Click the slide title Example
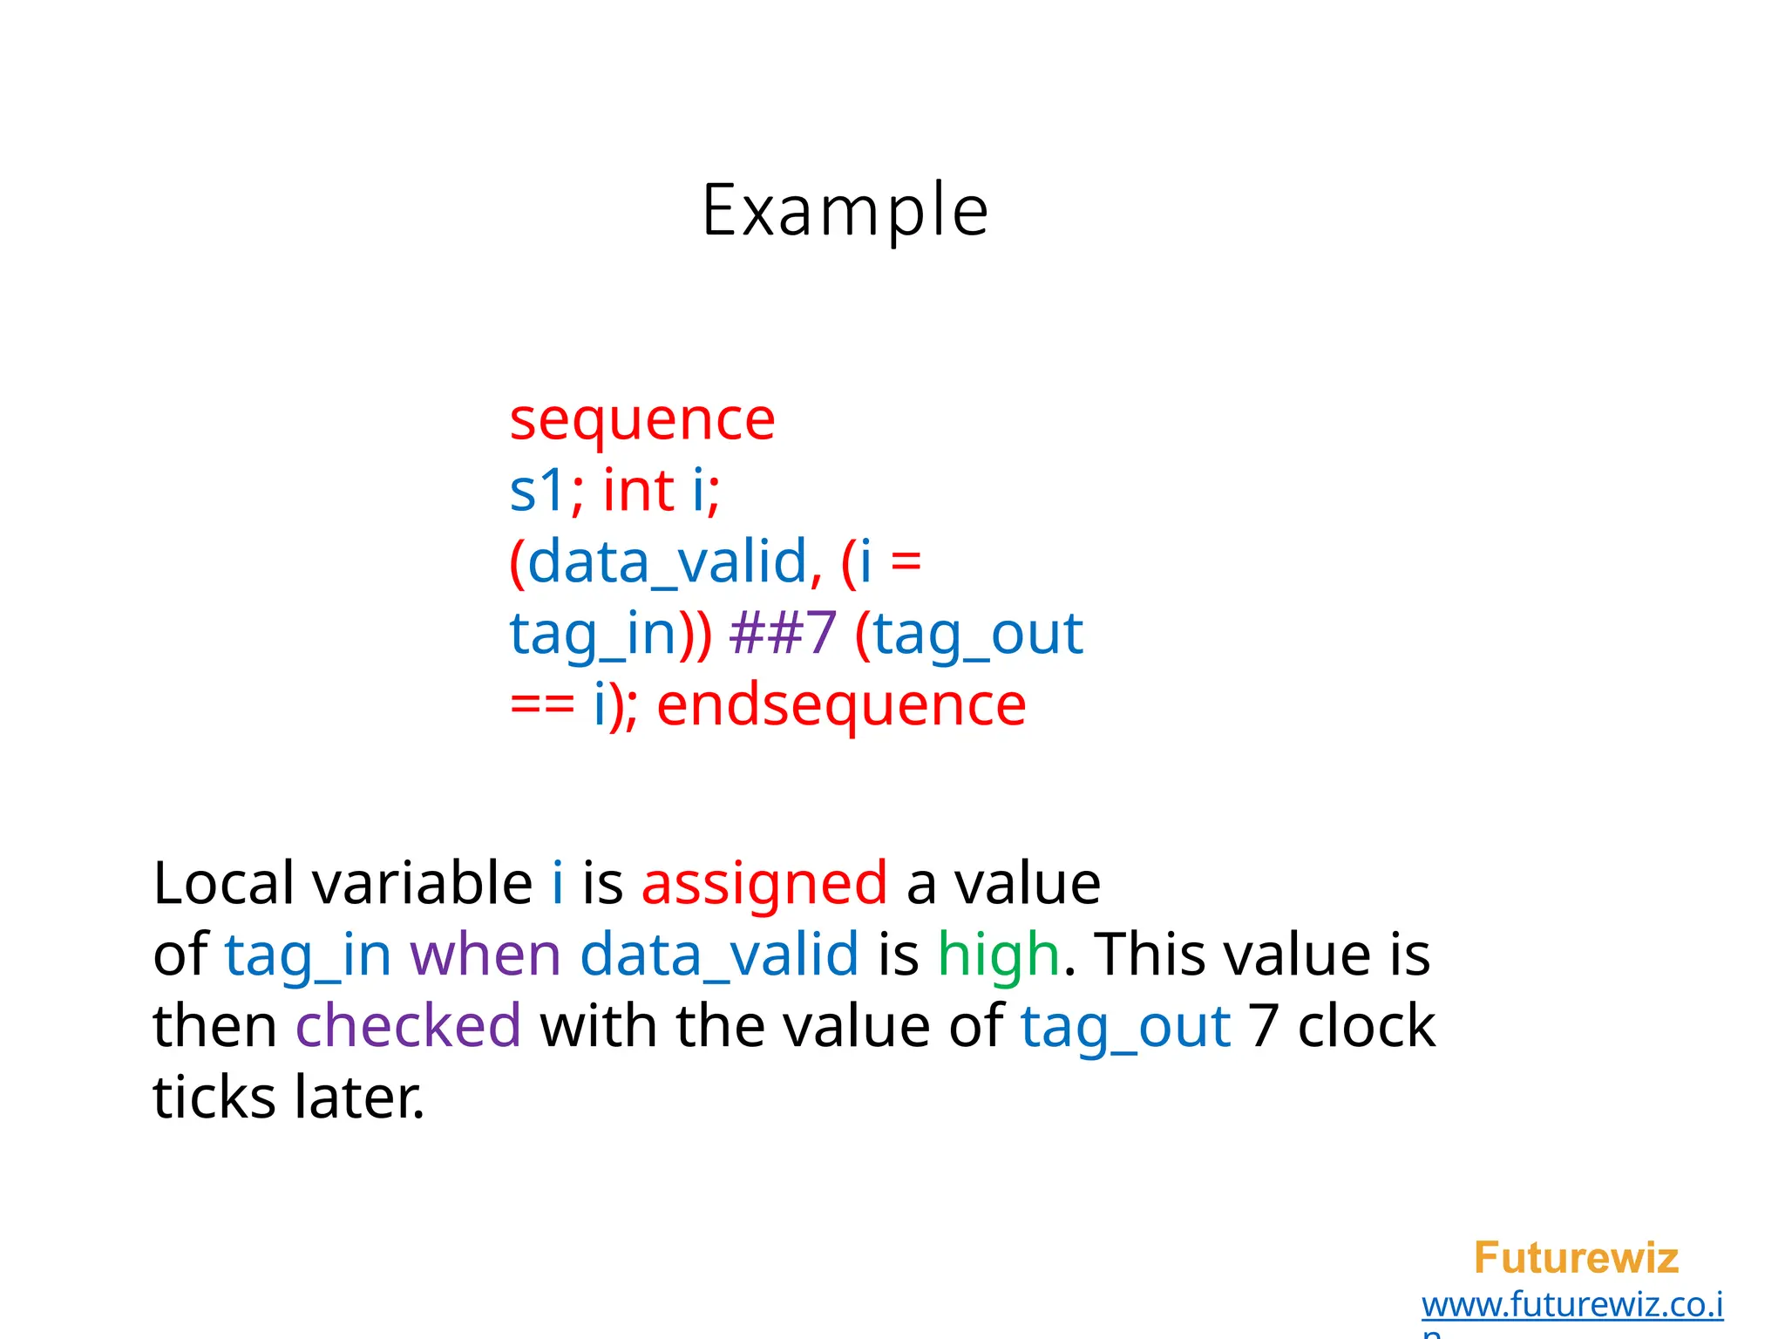click(x=845, y=210)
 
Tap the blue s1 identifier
click(x=538, y=490)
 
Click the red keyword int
click(x=639, y=490)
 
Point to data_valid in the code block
click(x=668, y=561)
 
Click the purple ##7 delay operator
click(x=783, y=633)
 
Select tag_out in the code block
click(x=978, y=633)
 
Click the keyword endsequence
click(x=841, y=704)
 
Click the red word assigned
click(x=764, y=883)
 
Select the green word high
click(x=999, y=954)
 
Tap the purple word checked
click(x=408, y=1025)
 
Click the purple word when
click(x=485, y=954)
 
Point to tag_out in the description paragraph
click(x=1125, y=1025)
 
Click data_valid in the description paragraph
click(x=719, y=954)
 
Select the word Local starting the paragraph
click(x=223, y=883)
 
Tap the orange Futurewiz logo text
click(x=1576, y=1258)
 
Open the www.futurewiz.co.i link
click(x=1571, y=1305)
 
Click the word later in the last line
click(x=359, y=1097)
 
